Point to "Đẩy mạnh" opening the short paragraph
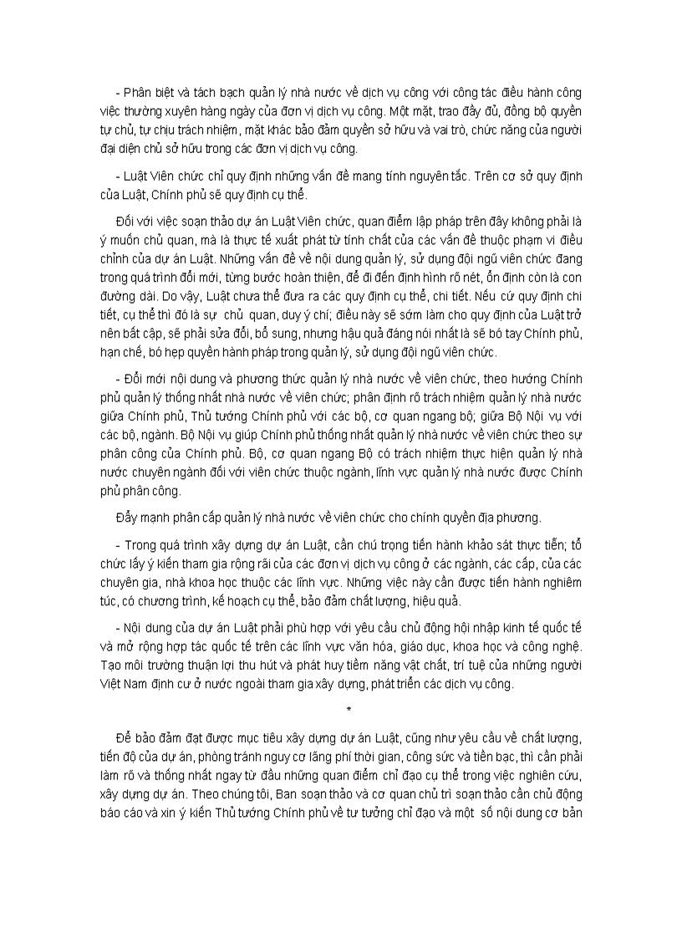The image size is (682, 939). click(x=139, y=519)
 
